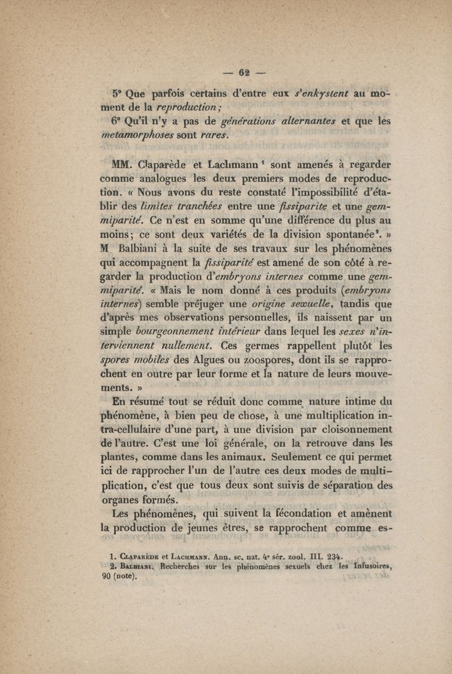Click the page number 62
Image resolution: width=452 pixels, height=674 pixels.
pos(244,72)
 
